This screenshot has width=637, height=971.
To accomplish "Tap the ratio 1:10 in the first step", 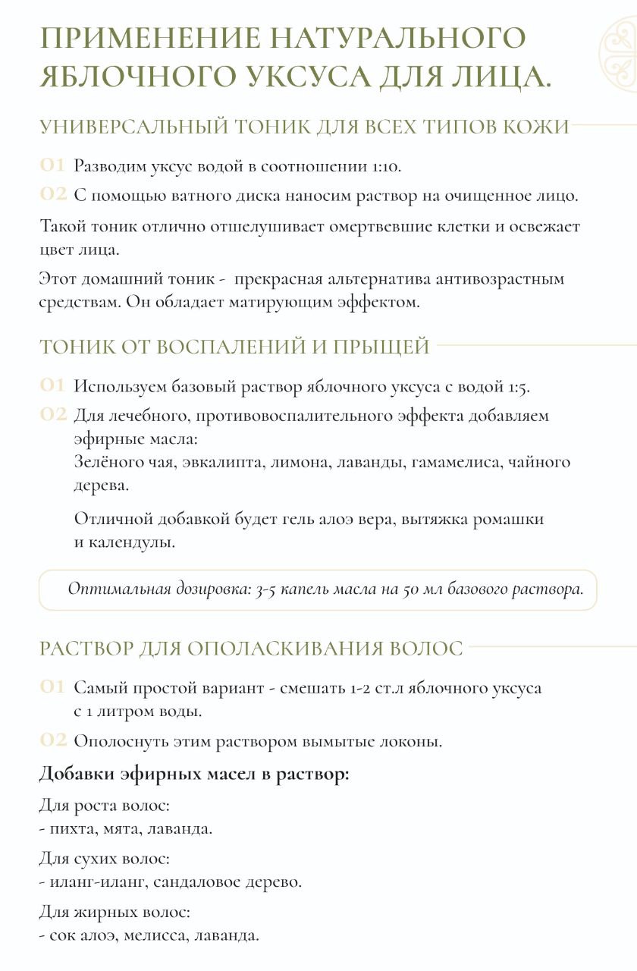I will click(385, 165).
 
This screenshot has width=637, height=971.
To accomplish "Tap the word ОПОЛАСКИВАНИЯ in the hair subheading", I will click(287, 649).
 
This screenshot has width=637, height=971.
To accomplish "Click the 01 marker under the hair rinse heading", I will click(52, 687).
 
